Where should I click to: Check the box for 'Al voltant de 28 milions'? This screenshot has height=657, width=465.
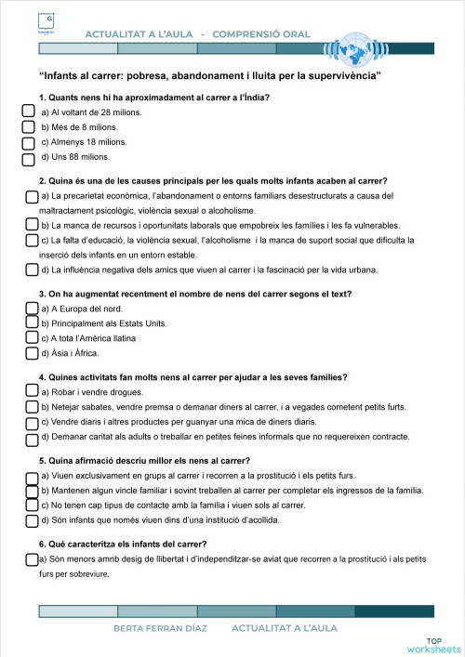[29, 112]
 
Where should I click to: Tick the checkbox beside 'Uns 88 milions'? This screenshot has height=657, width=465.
[29, 157]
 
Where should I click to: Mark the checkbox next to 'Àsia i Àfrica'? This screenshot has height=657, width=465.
[32, 353]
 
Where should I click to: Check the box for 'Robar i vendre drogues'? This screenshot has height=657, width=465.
[32, 392]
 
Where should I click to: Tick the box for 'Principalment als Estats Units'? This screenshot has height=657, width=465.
[32, 322]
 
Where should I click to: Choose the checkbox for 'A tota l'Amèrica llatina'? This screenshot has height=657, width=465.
[32, 337]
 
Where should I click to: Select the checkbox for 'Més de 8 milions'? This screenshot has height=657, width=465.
[29, 127]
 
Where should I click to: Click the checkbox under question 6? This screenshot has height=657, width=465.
[32, 559]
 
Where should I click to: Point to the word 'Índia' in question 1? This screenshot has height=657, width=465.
[258, 97]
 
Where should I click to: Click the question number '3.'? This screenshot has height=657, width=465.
[43, 294]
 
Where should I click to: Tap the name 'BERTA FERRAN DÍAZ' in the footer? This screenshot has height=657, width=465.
[161, 628]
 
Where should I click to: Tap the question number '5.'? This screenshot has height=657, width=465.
[43, 460]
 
